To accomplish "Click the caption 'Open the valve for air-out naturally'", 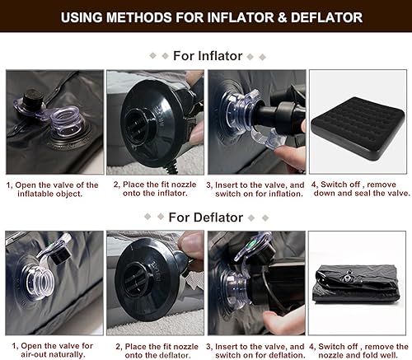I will (54, 350).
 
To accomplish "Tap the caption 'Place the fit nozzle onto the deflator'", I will (154, 350).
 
